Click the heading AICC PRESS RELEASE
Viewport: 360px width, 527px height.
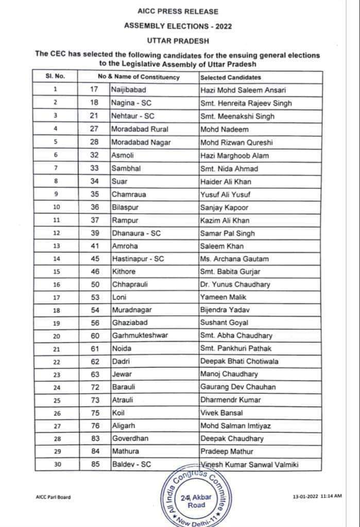click(178, 11)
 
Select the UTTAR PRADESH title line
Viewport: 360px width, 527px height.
click(178, 40)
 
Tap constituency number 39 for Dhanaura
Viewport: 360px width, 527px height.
click(94, 233)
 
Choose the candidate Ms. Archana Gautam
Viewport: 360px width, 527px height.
click(234, 259)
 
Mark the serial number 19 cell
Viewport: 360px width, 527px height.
click(55, 323)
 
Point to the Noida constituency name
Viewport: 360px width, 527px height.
click(122, 349)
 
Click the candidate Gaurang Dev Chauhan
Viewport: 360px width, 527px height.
click(237, 387)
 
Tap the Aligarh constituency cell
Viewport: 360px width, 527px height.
click(124, 426)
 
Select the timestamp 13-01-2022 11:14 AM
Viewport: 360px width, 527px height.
click(317, 497)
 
